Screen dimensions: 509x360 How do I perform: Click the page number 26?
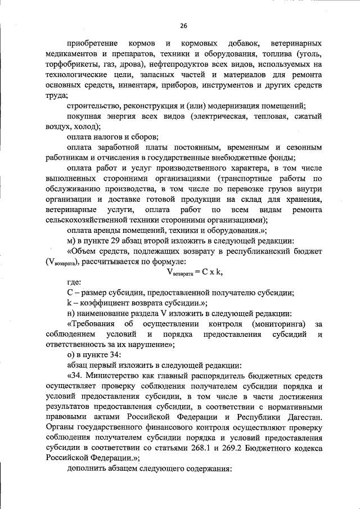pyautogui.click(x=183, y=25)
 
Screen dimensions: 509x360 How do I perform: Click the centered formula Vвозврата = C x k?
pyautogui.click(x=195, y=272)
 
